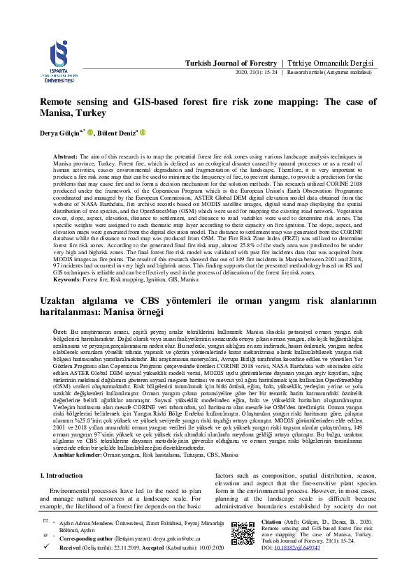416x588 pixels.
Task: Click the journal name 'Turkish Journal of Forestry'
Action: tap(231, 63)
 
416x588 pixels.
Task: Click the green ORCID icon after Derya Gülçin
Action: tap(90, 133)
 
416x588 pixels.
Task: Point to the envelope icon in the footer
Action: tap(44, 522)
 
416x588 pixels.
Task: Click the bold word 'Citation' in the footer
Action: tap(272, 522)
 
